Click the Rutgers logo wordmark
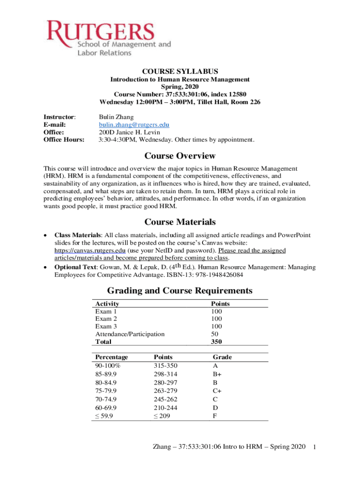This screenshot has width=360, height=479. [107, 31]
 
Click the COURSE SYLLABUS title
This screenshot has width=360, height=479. [180, 71]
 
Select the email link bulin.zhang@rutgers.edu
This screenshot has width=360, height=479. [134, 125]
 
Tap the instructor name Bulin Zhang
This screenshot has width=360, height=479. [116, 117]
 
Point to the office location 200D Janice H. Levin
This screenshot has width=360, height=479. [130, 132]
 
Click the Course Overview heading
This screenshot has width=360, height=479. [180, 156]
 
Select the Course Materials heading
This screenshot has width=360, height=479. [180, 222]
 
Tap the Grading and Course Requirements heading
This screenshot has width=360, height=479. [180, 290]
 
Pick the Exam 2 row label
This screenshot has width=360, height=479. [106, 319]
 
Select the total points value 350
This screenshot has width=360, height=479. [216, 341]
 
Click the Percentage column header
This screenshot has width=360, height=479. [111, 357]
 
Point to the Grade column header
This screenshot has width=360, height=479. [222, 357]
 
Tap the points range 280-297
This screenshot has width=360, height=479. [166, 382]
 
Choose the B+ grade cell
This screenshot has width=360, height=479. [217, 373]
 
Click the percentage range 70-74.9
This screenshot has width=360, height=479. [106, 399]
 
